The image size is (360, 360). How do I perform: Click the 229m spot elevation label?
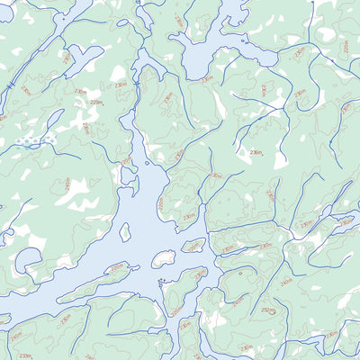[x=96, y=103]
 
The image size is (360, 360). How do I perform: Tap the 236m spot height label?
[x=256, y=153]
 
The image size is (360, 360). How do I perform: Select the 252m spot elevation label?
[x=267, y=310]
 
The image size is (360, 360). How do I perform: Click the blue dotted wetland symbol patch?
[x=35, y=141]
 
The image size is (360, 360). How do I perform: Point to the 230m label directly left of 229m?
[x=80, y=92]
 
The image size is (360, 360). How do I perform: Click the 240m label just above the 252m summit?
[x=286, y=282]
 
